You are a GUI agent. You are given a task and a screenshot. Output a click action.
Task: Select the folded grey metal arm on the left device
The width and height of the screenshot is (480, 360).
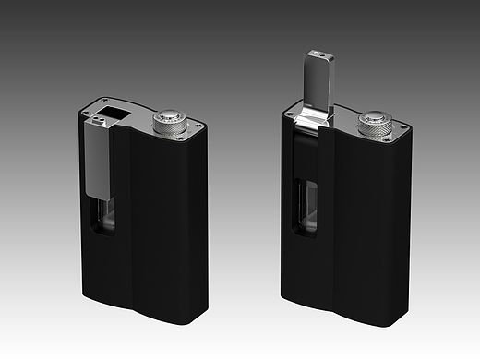coord(95,162)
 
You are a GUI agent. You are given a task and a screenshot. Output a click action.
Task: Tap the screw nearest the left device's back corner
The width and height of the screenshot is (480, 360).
coord(107,101)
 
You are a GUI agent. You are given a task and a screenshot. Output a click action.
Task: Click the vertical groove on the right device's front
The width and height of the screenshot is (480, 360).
coord(330,226)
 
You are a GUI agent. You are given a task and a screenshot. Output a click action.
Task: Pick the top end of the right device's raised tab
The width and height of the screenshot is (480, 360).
coord(313,57)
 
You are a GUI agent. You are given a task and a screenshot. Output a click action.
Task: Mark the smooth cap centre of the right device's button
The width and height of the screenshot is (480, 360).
coord(377,118)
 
